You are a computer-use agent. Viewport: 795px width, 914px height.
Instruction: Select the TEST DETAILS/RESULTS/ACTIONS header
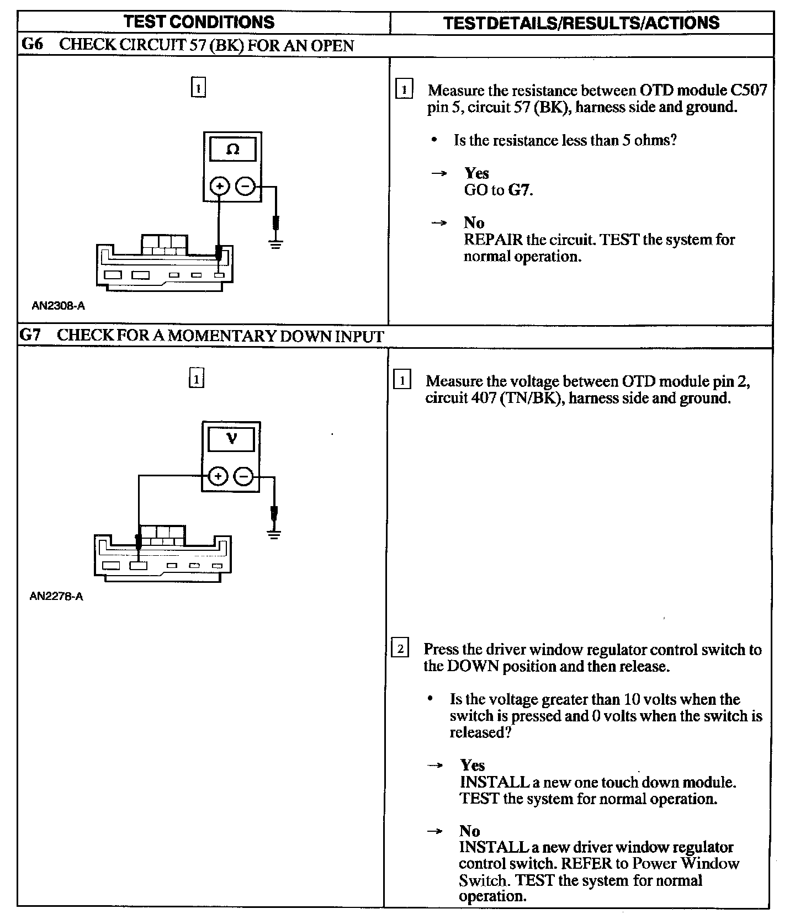[x=581, y=23]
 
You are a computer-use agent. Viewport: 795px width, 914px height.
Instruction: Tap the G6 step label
[x=32, y=45]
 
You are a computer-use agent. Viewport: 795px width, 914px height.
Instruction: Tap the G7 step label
[x=31, y=335]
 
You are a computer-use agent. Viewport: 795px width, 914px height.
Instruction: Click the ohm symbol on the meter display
[x=233, y=150]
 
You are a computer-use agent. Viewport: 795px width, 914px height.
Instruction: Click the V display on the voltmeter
[x=231, y=439]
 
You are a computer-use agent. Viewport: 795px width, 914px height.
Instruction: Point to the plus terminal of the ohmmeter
[x=220, y=187]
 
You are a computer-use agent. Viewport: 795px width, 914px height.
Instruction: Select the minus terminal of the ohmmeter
[x=245, y=187]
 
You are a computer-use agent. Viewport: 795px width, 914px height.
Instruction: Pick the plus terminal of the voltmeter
[x=219, y=476]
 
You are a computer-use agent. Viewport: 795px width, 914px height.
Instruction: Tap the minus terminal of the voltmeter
[x=245, y=476]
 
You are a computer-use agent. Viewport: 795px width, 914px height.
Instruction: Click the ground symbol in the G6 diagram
[x=276, y=243]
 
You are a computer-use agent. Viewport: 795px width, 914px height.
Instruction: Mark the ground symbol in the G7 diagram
[x=273, y=533]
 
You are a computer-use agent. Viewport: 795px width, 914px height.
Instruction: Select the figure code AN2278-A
[x=56, y=596]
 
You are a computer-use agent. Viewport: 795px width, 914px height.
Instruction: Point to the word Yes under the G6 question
[x=476, y=173]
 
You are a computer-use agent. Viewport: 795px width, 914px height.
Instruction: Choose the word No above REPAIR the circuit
[x=474, y=222]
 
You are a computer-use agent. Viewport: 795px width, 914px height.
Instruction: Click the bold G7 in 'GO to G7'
[x=519, y=190]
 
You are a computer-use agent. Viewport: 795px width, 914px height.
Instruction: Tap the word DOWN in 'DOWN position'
[x=469, y=666]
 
